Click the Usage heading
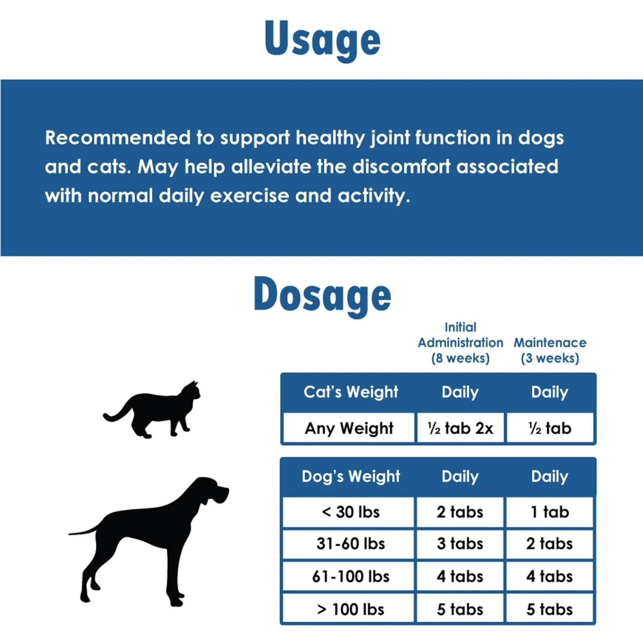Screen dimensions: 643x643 coord(322,39)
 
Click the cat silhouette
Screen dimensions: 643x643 coord(152,410)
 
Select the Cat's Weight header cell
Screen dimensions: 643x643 coord(351,392)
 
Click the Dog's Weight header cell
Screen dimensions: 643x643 coord(351,477)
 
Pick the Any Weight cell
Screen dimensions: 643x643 coord(349,428)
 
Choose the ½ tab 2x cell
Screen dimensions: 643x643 coord(460,428)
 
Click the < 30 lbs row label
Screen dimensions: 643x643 coord(351,512)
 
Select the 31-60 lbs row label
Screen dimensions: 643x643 coord(351,544)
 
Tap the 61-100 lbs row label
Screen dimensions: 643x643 coord(351,577)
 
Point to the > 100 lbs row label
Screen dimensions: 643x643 coord(351,609)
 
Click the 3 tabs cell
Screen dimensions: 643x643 coord(460,544)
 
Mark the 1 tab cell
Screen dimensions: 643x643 coord(550,512)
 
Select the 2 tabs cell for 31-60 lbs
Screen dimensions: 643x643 coord(550,544)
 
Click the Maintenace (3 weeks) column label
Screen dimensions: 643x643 coord(550,350)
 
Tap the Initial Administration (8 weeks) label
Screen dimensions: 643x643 coord(460,343)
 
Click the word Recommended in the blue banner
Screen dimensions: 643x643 coord(118,138)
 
